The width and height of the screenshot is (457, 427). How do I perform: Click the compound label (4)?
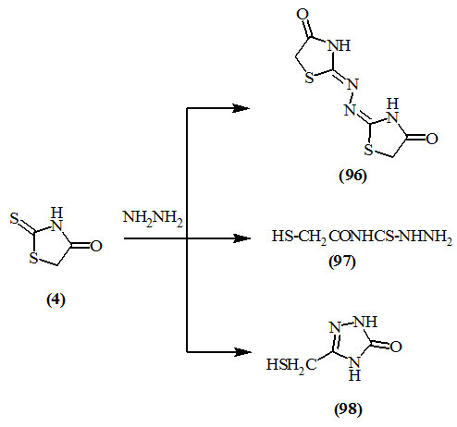click(56, 299)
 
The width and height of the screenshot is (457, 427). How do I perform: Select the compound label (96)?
click(352, 176)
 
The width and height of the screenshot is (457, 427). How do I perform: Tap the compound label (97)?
click(342, 262)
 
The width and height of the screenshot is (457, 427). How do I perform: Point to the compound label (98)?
click(348, 409)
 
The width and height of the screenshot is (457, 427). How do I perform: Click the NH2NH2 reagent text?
click(153, 218)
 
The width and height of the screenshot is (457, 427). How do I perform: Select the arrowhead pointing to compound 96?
click(241, 108)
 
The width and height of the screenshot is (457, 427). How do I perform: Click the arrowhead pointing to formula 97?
click(241, 238)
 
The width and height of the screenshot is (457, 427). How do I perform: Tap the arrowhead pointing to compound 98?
click(241, 352)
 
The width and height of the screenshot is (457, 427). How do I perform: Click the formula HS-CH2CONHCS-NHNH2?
click(362, 238)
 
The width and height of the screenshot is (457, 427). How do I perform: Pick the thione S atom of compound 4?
click(14, 218)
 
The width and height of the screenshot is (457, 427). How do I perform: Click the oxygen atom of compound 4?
click(96, 246)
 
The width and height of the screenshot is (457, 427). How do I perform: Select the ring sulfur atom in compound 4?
click(33, 258)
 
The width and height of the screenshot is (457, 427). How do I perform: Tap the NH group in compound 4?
click(56, 219)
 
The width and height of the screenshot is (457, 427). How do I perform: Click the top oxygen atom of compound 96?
click(303, 15)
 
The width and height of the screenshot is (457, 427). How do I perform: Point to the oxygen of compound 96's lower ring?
click(432, 139)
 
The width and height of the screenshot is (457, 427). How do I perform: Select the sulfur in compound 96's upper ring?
click(309, 78)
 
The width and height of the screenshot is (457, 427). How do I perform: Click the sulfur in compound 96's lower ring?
click(369, 150)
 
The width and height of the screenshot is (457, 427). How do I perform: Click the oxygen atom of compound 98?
click(396, 347)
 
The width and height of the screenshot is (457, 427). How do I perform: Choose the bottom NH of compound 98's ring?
click(354, 369)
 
